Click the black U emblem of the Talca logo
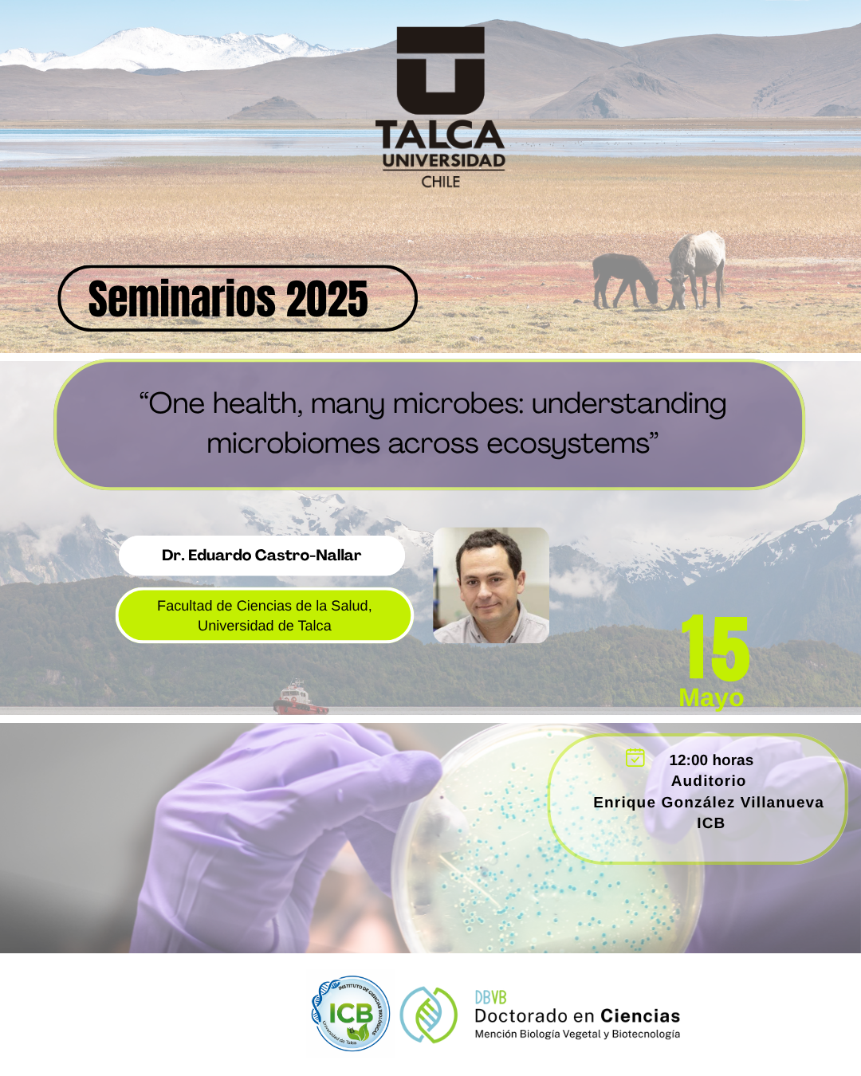pyautogui.click(x=440, y=70)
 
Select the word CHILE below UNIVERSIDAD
pyautogui.click(x=441, y=182)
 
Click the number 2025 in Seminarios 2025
pyautogui.click(x=327, y=299)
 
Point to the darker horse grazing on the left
pyautogui.click(x=625, y=281)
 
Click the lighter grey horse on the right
pyautogui.click(x=697, y=269)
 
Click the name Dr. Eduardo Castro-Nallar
pyautogui.click(x=261, y=555)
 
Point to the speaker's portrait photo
pyautogui.click(x=491, y=585)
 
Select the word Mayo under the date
pyautogui.click(x=711, y=697)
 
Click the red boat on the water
pyautogui.click(x=301, y=697)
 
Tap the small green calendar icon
pyautogui.click(x=635, y=757)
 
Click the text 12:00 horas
pyautogui.click(x=711, y=760)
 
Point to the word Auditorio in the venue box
pyautogui.click(x=709, y=780)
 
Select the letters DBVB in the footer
pyautogui.click(x=490, y=998)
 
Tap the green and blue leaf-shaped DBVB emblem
pyautogui.click(x=429, y=1015)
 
